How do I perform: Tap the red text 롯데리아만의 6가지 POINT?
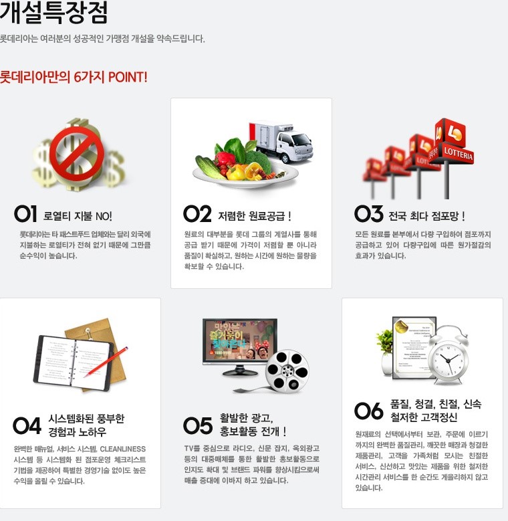(x=74, y=77)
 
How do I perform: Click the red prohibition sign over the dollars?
(x=77, y=152)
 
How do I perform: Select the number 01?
(x=25, y=213)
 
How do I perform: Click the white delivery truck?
(x=282, y=142)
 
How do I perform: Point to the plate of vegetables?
(x=245, y=166)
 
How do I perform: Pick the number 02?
(x=197, y=213)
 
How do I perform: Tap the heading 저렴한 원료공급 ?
(x=255, y=216)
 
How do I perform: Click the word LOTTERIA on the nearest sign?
(x=458, y=154)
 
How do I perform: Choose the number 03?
(x=368, y=213)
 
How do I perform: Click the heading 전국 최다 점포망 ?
(x=426, y=216)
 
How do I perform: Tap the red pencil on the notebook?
(x=106, y=362)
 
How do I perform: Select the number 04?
(x=27, y=425)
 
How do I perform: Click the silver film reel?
(x=287, y=371)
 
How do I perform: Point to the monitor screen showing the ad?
(x=240, y=339)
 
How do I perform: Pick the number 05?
(x=198, y=425)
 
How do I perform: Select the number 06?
(x=368, y=411)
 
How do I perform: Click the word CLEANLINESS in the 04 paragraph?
(x=123, y=449)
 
